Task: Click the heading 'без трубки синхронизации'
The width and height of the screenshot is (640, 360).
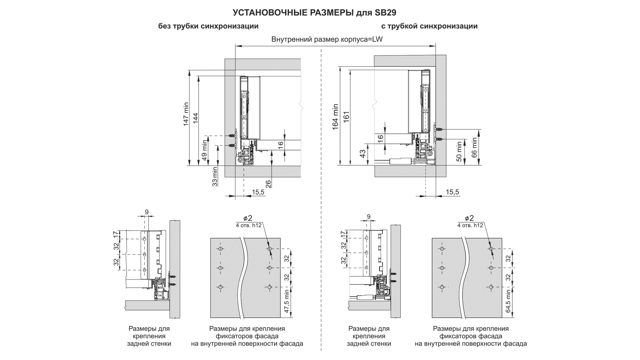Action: pos(208,26)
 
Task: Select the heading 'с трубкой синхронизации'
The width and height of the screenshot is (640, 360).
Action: pos(429,26)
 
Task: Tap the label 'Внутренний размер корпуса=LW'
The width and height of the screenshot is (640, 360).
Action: pos(327,39)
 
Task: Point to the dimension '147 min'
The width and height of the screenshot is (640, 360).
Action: pos(186,114)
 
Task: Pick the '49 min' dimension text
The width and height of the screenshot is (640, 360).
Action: pos(205,150)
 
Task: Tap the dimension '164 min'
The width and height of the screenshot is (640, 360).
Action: pos(336,117)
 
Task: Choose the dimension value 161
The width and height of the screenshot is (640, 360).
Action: pos(346,117)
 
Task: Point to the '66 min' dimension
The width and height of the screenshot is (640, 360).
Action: pos(474,147)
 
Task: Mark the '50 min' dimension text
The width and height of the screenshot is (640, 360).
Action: pos(459,152)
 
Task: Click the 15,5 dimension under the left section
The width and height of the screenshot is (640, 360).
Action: pos(258,192)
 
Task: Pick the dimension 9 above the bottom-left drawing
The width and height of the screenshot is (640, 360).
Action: pos(147,211)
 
